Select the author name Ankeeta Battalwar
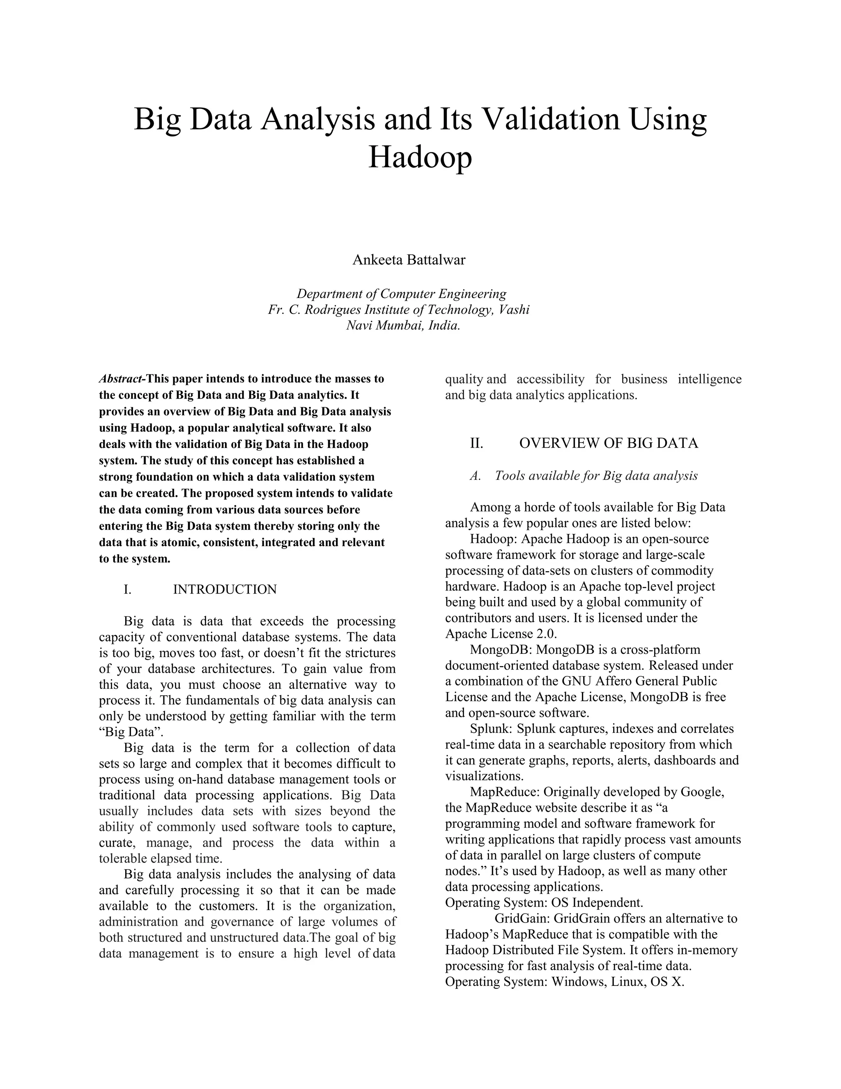tap(409, 260)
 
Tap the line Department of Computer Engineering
tap(402, 294)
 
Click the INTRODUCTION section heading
tap(225, 589)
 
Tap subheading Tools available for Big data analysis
tap(596, 476)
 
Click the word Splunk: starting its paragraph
tap(491, 729)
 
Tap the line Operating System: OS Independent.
tap(544, 902)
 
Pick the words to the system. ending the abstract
tap(135, 558)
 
